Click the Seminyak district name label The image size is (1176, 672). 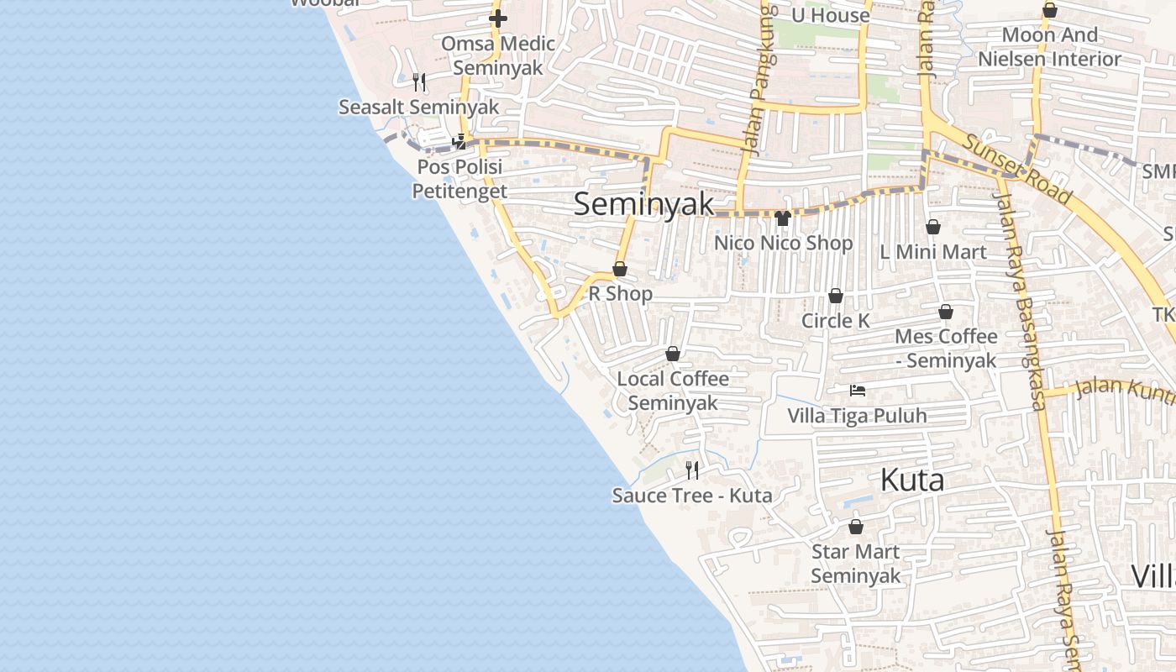644,204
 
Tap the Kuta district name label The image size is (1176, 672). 912,480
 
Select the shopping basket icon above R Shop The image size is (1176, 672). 620,269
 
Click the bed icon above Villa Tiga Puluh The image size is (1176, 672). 857,391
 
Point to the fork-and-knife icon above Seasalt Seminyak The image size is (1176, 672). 419,81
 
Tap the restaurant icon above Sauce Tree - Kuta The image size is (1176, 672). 692,470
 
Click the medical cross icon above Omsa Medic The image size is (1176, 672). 498,18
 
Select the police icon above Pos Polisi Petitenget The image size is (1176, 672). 459,142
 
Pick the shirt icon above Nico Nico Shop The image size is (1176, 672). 783,218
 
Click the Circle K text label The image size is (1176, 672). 836,321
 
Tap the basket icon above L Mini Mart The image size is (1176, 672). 932,227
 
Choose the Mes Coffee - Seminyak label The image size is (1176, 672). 946,348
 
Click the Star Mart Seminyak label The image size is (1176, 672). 855,564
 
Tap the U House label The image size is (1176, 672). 830,16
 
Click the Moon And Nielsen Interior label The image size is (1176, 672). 1049,47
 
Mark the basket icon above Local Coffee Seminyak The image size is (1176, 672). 673,354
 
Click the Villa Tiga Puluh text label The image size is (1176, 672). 857,416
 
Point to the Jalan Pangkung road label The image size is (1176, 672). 762,80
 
